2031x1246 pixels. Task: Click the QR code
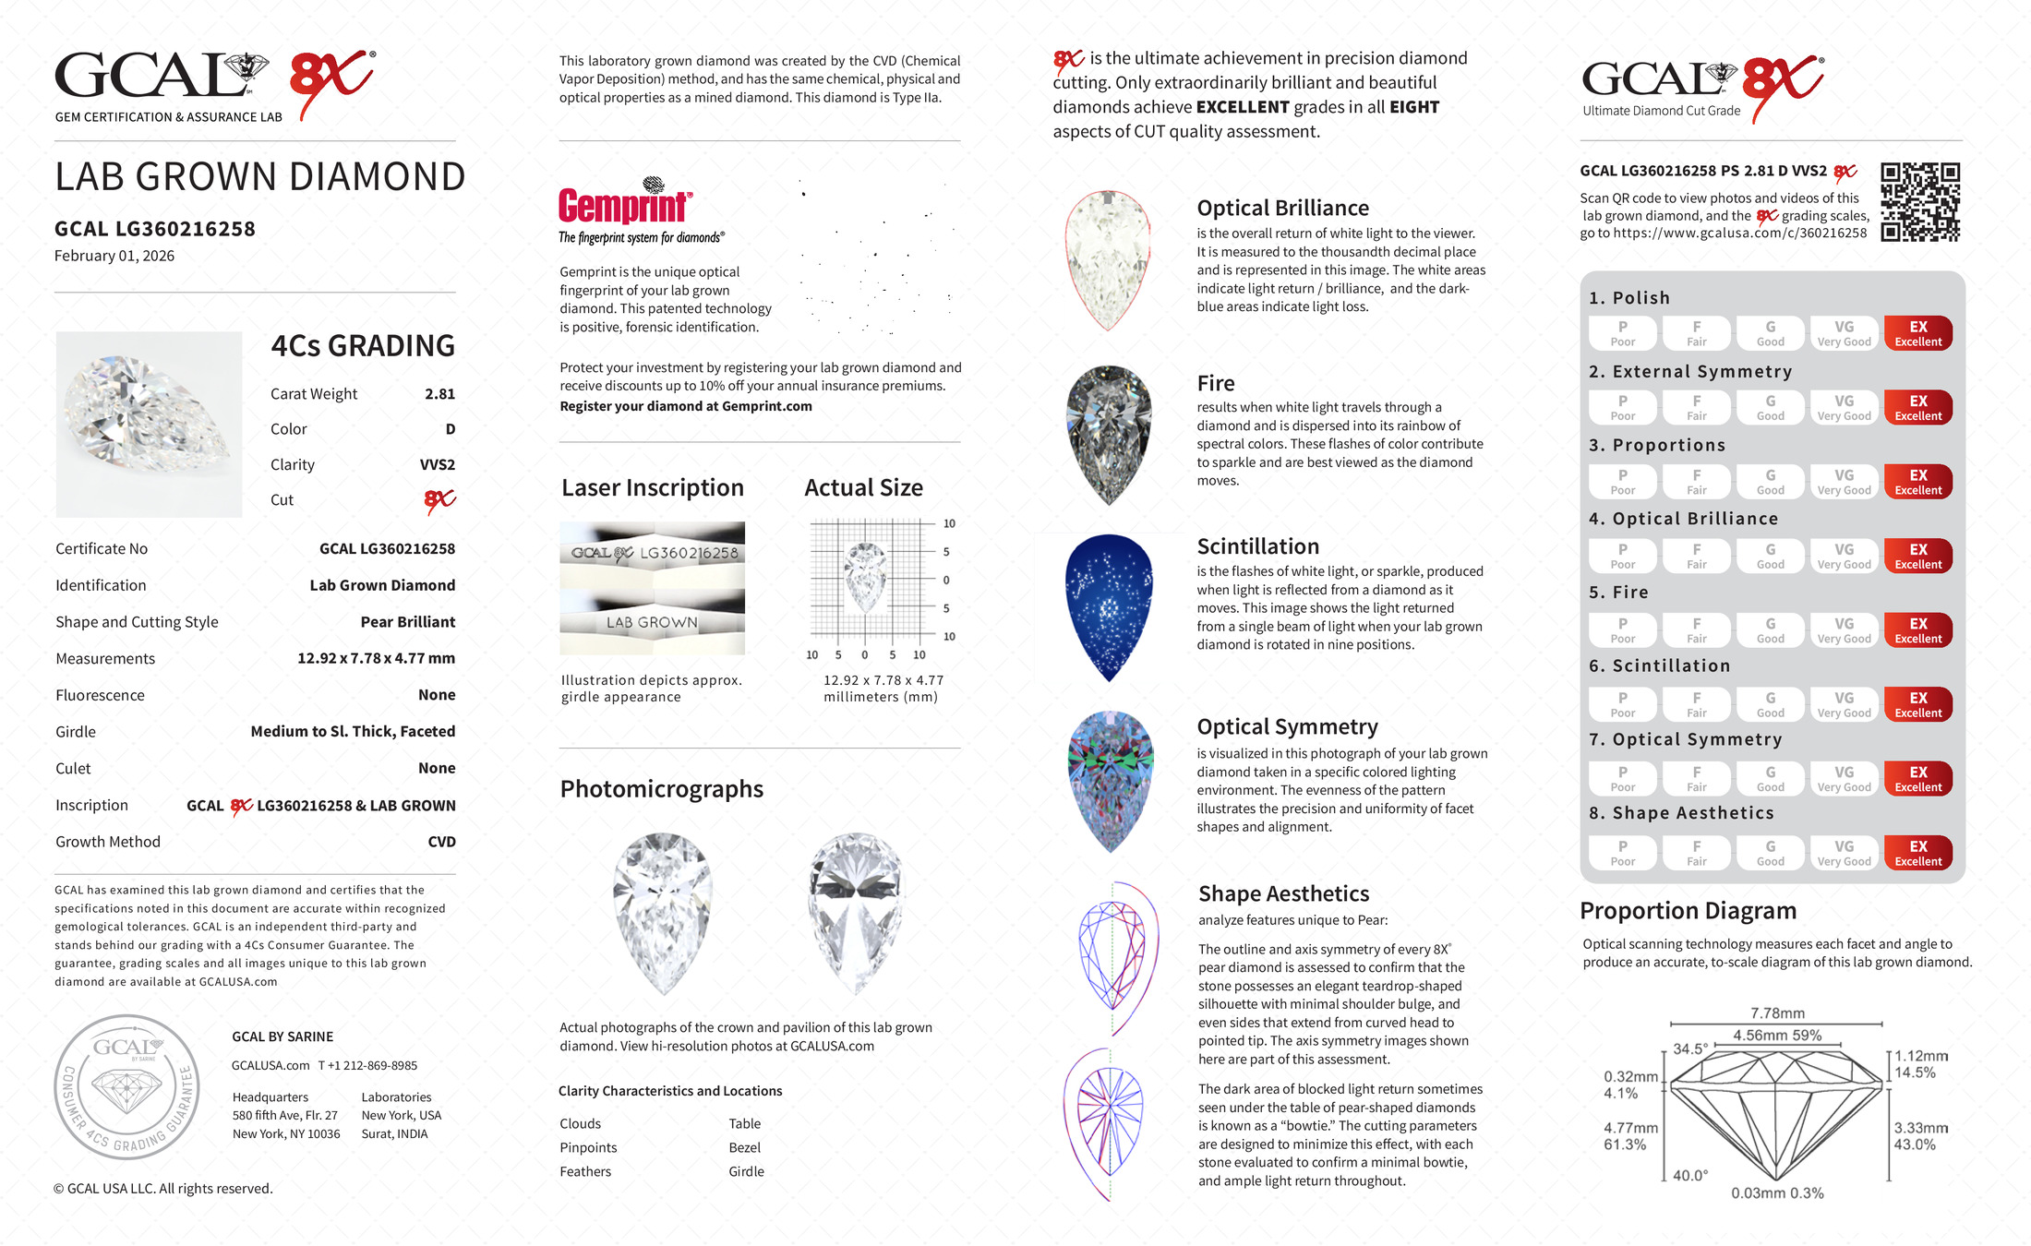pyautogui.click(x=1920, y=202)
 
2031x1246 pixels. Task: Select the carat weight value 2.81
pyautogui.click(x=439, y=394)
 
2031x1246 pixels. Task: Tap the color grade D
pyautogui.click(x=451, y=429)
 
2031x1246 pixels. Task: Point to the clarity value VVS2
pyautogui.click(x=438, y=465)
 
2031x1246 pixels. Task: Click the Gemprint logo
pyautogui.click(x=625, y=206)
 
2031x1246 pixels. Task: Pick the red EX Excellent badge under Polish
pyautogui.click(x=1917, y=333)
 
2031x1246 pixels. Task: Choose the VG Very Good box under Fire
pyautogui.click(x=1844, y=630)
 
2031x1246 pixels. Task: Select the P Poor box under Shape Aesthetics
pyautogui.click(x=1622, y=853)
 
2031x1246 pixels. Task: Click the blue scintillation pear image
pyautogui.click(x=1109, y=606)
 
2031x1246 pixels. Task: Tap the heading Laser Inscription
pyautogui.click(x=653, y=488)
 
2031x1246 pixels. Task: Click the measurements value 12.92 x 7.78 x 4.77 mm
pyautogui.click(x=376, y=659)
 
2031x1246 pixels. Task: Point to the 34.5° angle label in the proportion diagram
pyautogui.click(x=1690, y=1049)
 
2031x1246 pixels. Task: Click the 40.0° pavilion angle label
pyautogui.click(x=1690, y=1176)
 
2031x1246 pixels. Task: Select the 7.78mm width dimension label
pyautogui.click(x=1777, y=1013)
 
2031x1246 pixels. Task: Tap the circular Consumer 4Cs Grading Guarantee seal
pyautogui.click(x=126, y=1086)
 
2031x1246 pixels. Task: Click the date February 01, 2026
pyautogui.click(x=114, y=257)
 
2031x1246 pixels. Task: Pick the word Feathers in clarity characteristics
pyautogui.click(x=585, y=1172)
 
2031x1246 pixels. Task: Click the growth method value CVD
pyautogui.click(x=441, y=842)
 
